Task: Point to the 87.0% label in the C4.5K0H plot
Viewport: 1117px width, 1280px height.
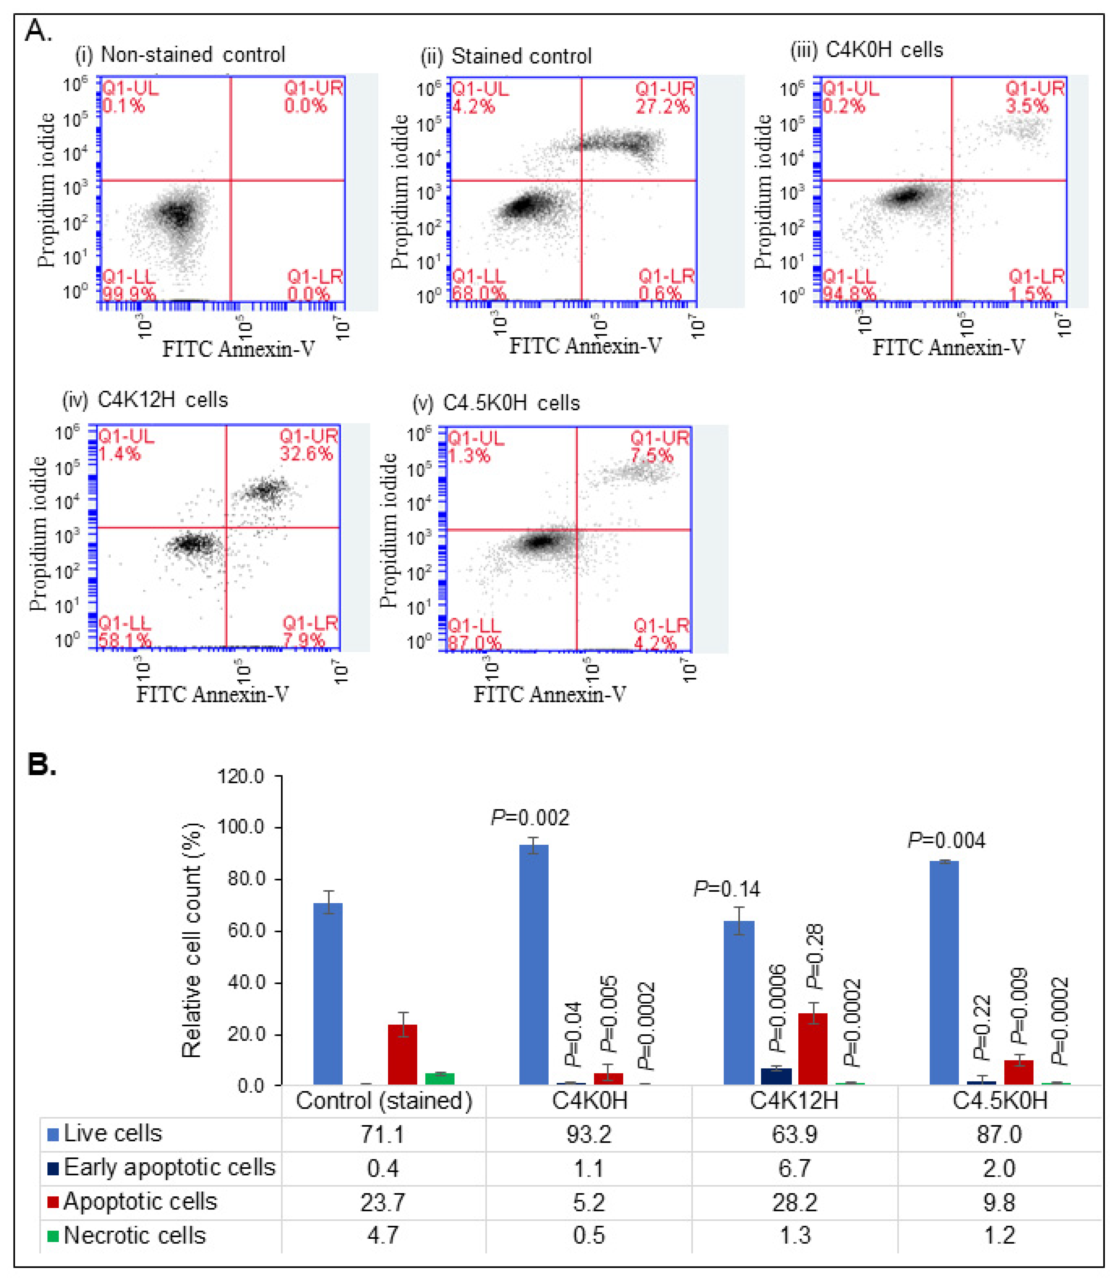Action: coord(474,643)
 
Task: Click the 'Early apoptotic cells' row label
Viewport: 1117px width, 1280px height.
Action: coord(169,1168)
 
